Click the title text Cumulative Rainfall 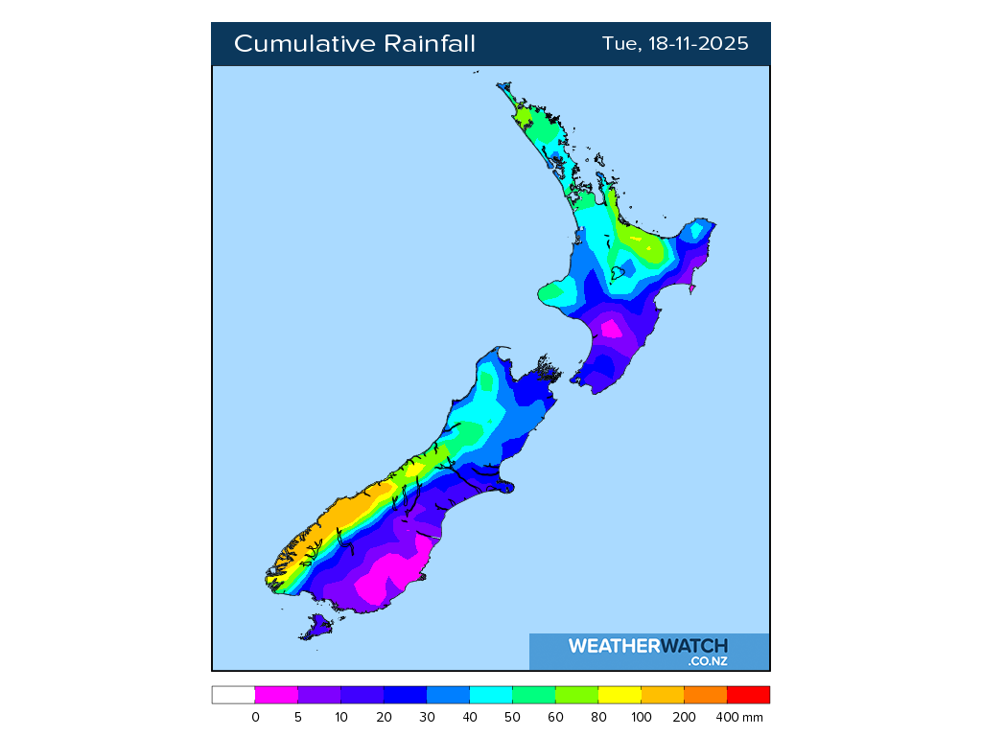(355, 44)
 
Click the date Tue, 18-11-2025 (675, 44)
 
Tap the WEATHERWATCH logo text (648, 646)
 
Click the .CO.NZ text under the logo (708, 661)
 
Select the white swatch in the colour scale (233, 696)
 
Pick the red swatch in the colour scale (748, 696)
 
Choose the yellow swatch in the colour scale (620, 696)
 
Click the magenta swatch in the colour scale (276, 696)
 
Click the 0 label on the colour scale (255, 717)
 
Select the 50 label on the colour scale (513, 717)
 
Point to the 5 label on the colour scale (298, 717)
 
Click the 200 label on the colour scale (685, 717)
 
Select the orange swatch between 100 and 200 (663, 696)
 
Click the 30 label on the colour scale (427, 717)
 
